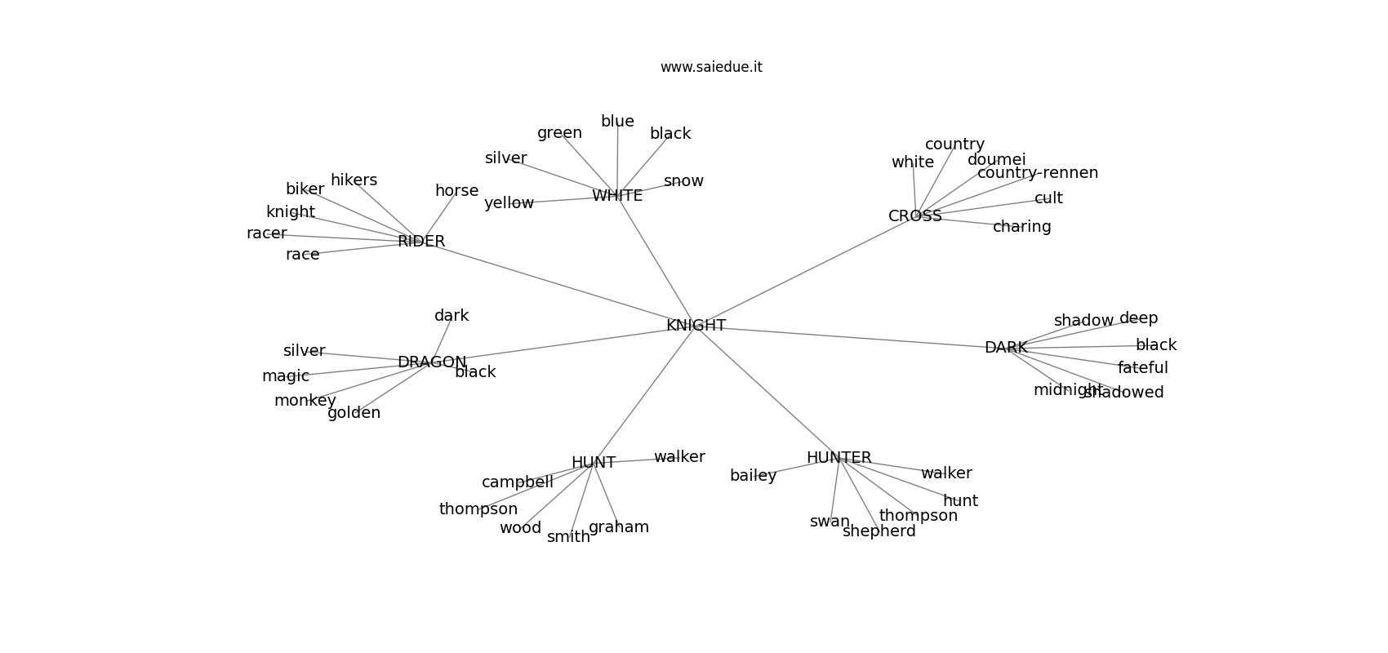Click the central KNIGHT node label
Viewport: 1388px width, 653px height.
(x=696, y=326)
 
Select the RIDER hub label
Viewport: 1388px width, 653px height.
(x=421, y=242)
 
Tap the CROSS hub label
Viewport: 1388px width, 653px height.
(x=914, y=216)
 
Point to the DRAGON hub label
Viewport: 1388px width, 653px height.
(x=432, y=362)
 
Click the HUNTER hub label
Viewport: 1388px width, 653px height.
(x=839, y=458)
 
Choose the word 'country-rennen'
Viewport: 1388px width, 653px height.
(x=1037, y=173)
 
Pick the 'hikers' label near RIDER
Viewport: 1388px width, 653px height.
(x=354, y=180)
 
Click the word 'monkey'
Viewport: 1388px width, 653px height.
(x=305, y=401)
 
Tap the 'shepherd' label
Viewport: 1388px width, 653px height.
(x=879, y=531)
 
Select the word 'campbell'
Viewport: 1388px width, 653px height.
(x=517, y=482)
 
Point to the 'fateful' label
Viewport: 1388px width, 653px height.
(x=1142, y=368)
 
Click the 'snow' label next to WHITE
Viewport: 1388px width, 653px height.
(x=683, y=181)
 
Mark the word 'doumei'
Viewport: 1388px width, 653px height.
(x=996, y=160)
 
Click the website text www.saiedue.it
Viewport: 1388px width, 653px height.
(x=711, y=67)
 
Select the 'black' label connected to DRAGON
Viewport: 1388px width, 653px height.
(x=475, y=372)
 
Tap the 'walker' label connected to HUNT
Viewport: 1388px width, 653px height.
(x=679, y=457)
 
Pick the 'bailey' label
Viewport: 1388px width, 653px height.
(x=753, y=476)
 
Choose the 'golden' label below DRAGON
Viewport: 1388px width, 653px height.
(x=354, y=413)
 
